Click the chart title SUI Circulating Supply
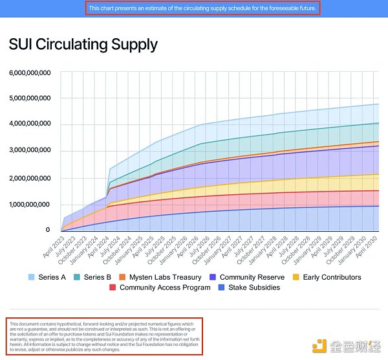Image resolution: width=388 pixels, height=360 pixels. pos(83,44)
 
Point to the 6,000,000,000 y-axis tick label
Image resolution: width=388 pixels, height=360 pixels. pos(30,73)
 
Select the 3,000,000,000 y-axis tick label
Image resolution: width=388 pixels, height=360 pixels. pos(30,151)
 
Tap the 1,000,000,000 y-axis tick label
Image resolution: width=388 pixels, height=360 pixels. pos(30,204)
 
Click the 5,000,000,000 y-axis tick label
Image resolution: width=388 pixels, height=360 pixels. pos(30,98)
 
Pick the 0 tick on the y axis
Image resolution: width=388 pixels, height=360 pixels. pos(47,230)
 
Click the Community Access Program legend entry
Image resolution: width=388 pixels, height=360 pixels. pos(164,287)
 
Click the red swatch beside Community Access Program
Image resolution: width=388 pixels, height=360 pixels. pos(113,287)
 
